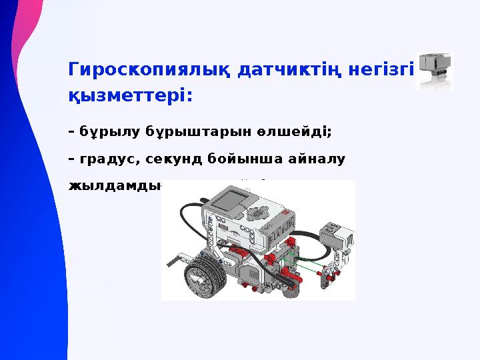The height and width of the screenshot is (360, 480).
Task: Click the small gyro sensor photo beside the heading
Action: (434, 70)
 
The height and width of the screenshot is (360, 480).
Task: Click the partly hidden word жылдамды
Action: (115, 187)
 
